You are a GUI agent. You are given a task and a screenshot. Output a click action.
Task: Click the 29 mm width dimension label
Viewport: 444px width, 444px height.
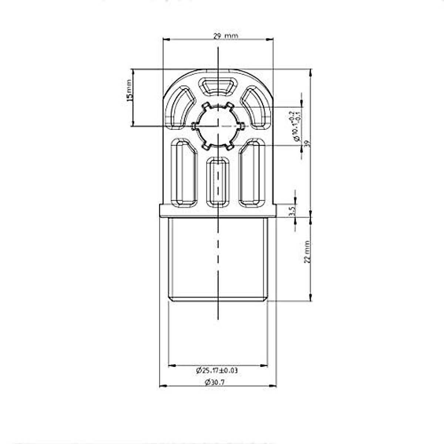[x=225, y=36]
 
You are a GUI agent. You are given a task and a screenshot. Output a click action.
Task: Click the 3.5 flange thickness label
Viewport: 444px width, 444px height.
[x=291, y=211]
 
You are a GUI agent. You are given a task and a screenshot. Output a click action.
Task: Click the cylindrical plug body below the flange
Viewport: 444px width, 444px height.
[x=218, y=259]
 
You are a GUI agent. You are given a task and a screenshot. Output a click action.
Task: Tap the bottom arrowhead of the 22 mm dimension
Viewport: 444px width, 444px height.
[x=310, y=297]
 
